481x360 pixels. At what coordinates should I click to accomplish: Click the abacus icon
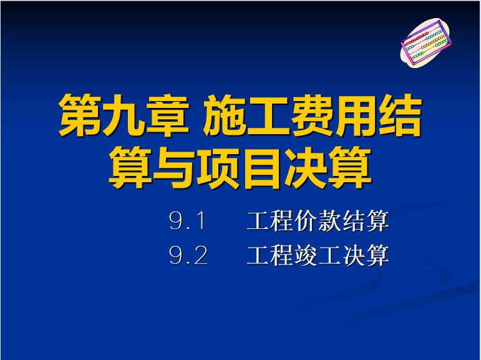(425, 42)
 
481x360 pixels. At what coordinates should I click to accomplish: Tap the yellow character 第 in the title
(80, 115)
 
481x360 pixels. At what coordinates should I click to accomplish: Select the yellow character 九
(124, 115)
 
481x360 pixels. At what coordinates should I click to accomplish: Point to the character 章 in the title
(167, 115)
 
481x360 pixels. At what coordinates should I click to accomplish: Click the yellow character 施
(225, 115)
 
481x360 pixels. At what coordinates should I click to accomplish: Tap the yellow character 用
(356, 115)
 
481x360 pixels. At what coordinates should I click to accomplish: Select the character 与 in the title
(173, 167)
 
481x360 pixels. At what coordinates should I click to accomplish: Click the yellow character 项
(218, 167)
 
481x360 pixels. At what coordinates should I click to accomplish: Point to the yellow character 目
(261, 167)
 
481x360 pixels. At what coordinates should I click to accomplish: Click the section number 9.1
(187, 221)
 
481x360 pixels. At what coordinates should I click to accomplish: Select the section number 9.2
(188, 255)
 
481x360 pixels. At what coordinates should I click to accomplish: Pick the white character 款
(330, 221)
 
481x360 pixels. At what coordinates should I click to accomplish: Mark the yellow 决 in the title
(306, 167)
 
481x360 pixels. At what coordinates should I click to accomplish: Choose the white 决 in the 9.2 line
(354, 255)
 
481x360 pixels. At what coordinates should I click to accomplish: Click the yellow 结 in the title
(401, 115)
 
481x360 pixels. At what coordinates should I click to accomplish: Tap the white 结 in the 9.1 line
(354, 221)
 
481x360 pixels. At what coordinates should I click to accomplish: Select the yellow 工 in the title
(268, 115)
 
